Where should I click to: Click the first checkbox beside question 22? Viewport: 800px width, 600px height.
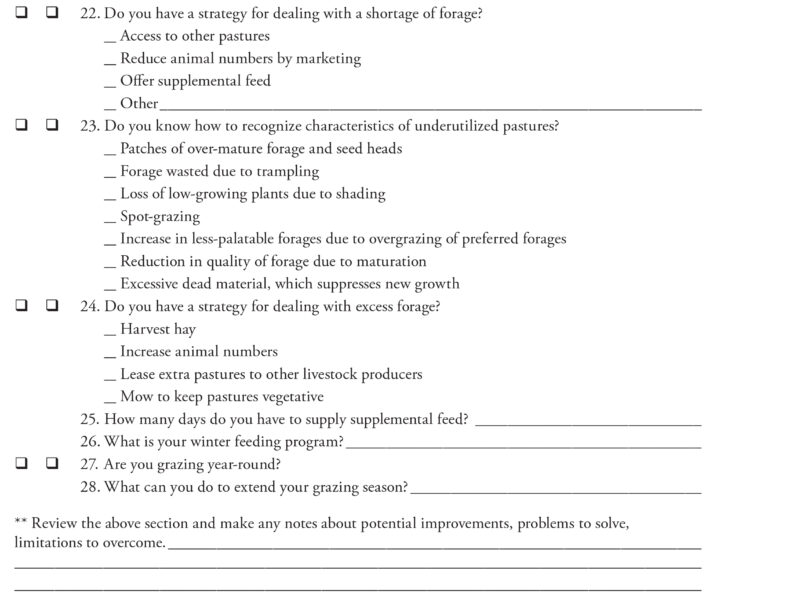21,13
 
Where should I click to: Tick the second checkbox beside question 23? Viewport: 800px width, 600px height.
51,126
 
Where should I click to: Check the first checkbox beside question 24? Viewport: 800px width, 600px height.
21,306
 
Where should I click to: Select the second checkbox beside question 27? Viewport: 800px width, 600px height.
51,464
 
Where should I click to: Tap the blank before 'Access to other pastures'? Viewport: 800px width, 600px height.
109,37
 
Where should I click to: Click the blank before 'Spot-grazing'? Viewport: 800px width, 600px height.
109,217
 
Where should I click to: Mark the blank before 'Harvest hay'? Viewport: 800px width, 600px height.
109,330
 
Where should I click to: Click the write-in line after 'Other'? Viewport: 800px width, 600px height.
430,105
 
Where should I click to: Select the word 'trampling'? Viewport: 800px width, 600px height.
288,171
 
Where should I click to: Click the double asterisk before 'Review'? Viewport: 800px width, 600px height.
21,522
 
